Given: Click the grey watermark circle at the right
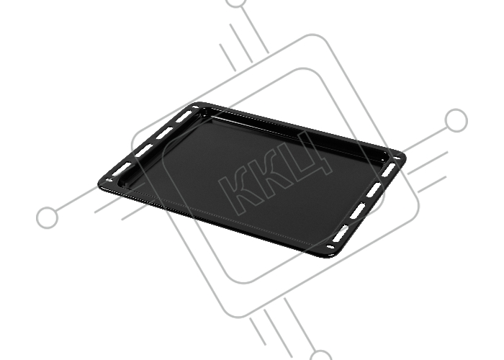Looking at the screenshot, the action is click(456, 120).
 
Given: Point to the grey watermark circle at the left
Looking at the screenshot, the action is click(48, 217).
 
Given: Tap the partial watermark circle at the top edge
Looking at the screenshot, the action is click(237, 3).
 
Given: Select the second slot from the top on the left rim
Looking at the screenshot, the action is click(164, 132).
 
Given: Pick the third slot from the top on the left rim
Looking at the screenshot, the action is click(144, 150).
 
